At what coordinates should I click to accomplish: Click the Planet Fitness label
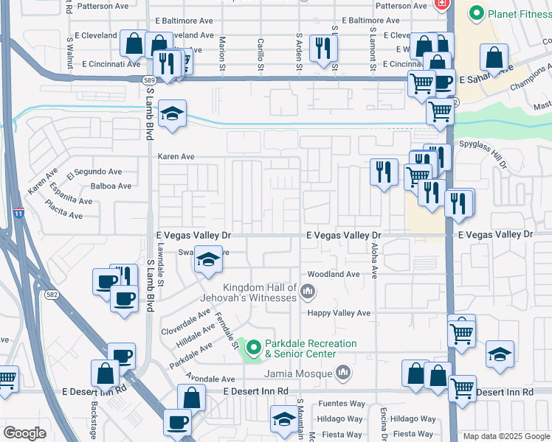(x=514, y=13)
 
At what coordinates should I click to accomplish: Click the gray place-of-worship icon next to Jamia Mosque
(x=342, y=374)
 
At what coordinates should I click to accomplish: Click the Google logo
(x=25, y=433)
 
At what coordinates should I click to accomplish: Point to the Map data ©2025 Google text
(x=506, y=436)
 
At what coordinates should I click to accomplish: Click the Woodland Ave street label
(x=333, y=274)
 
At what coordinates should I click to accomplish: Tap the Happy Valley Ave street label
(x=339, y=313)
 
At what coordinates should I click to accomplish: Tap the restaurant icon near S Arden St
(x=322, y=49)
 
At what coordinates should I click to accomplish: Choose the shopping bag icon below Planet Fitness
(x=494, y=57)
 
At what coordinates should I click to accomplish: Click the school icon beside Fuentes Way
(x=283, y=419)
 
